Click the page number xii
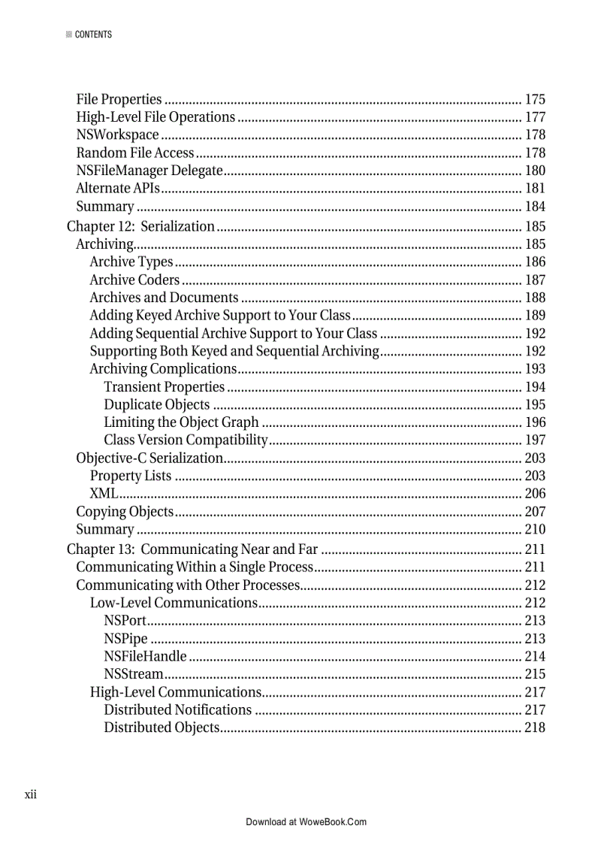click(x=31, y=794)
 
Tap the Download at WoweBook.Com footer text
click(x=306, y=822)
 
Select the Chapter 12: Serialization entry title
click(x=140, y=226)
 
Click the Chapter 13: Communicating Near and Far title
click(x=192, y=549)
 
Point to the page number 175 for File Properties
click(x=535, y=99)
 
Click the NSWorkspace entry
click(x=117, y=135)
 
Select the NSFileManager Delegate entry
click(x=149, y=171)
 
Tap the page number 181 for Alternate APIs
click(x=535, y=189)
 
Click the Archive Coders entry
click(x=134, y=280)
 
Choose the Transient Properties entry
click(x=164, y=387)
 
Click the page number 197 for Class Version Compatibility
click(x=535, y=440)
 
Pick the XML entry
click(x=103, y=494)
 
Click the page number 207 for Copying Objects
click(x=535, y=512)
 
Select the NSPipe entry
click(x=125, y=639)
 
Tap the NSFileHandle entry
click(x=145, y=657)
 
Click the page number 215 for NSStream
click(x=535, y=674)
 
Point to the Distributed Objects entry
click(x=162, y=728)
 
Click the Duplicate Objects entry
click(x=156, y=405)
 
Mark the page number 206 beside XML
click(x=535, y=494)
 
